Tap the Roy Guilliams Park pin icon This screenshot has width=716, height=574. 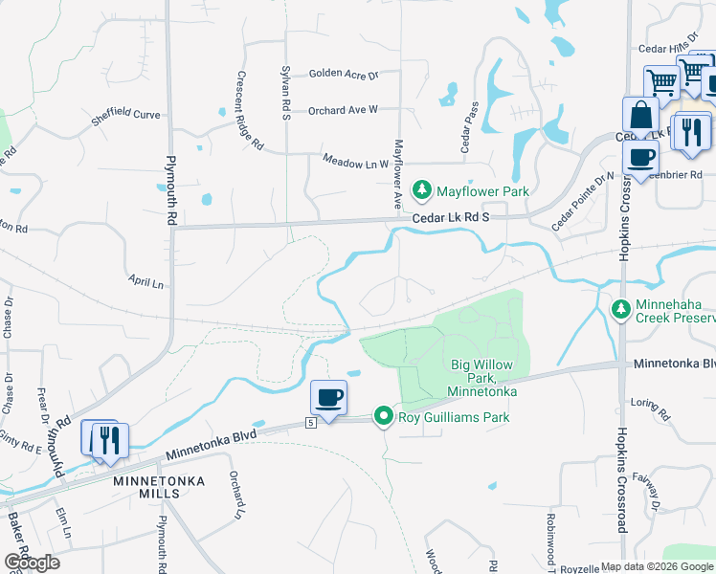[384, 416]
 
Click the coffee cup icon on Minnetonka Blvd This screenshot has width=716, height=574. [328, 397]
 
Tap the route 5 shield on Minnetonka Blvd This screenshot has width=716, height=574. [311, 422]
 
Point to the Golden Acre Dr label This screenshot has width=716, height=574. [344, 74]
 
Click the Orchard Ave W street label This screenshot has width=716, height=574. [343, 110]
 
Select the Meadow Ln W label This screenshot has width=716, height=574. [356, 162]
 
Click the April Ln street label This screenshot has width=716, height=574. [146, 282]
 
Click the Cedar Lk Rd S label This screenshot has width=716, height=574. [451, 218]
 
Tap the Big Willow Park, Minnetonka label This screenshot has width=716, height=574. [482, 379]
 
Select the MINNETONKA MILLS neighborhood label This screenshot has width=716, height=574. [146, 486]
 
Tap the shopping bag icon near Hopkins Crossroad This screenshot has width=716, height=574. [638, 116]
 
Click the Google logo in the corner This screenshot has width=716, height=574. [32, 563]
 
